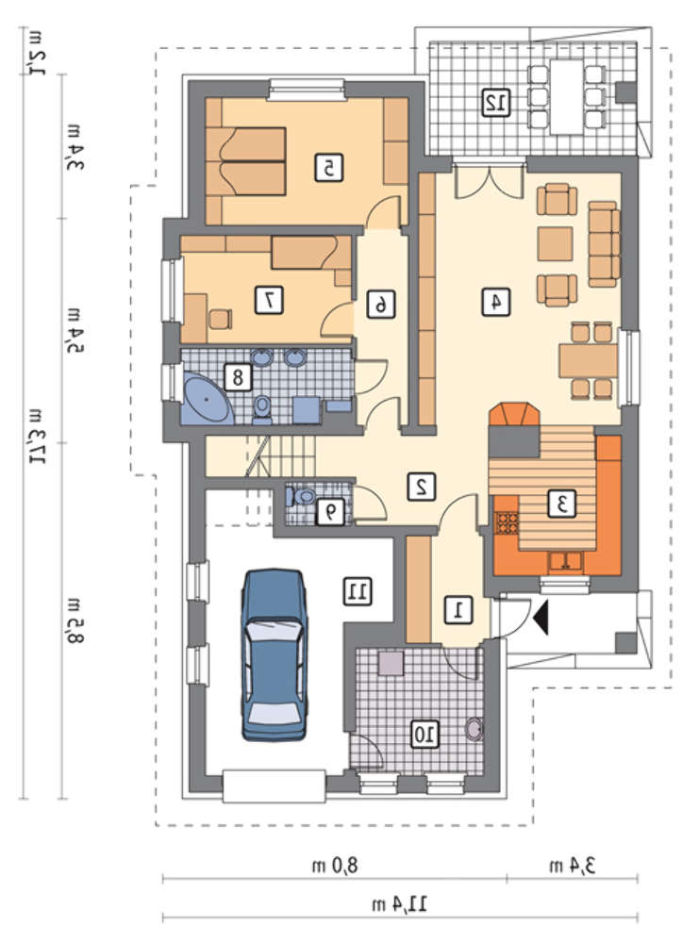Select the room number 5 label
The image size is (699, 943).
pyautogui.click(x=329, y=168)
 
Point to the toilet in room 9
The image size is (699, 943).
pyautogui.click(x=300, y=497)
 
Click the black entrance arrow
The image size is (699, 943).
pyautogui.click(x=541, y=616)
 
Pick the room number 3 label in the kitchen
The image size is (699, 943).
pyautogui.click(x=562, y=504)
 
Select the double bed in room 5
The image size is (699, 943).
pyautogui.click(x=245, y=161)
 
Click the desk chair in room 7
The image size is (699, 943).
pyautogui.click(x=220, y=318)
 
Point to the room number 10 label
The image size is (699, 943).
pyautogui.click(x=424, y=734)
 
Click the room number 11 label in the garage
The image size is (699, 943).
pyautogui.click(x=358, y=591)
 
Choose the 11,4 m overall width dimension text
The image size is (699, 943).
pyautogui.click(x=400, y=903)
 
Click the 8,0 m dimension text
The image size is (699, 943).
pyautogui.click(x=335, y=866)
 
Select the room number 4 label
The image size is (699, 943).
pyautogui.click(x=495, y=302)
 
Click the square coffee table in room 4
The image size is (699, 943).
pyautogui.click(x=555, y=243)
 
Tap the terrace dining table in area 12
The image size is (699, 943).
pyautogui.click(x=566, y=97)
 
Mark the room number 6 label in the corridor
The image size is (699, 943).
pyautogui.click(x=381, y=305)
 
